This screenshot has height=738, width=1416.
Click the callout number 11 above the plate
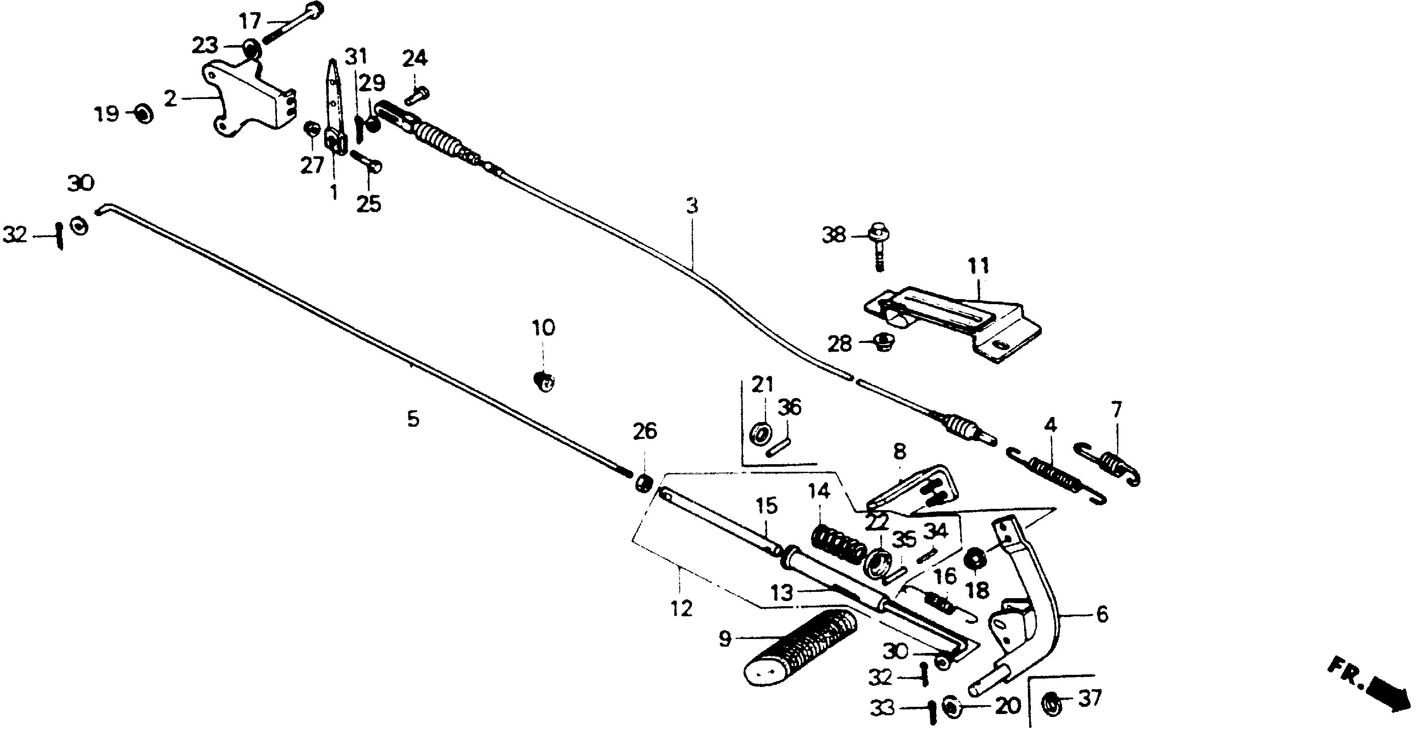[x=979, y=266]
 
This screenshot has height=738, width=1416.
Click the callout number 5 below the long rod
[x=413, y=420]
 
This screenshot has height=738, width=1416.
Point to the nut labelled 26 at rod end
[x=643, y=484]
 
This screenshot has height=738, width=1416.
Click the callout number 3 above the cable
[x=692, y=206]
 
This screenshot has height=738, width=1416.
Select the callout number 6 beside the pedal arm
[x=1102, y=614]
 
